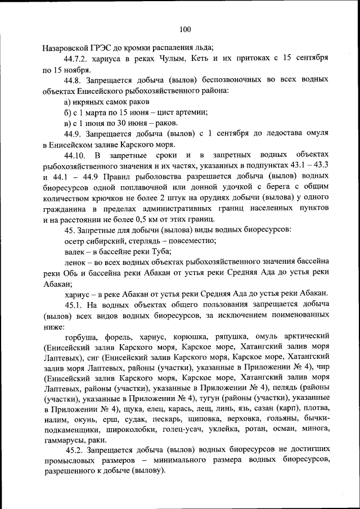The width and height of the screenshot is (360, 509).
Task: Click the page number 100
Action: click(x=186, y=30)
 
